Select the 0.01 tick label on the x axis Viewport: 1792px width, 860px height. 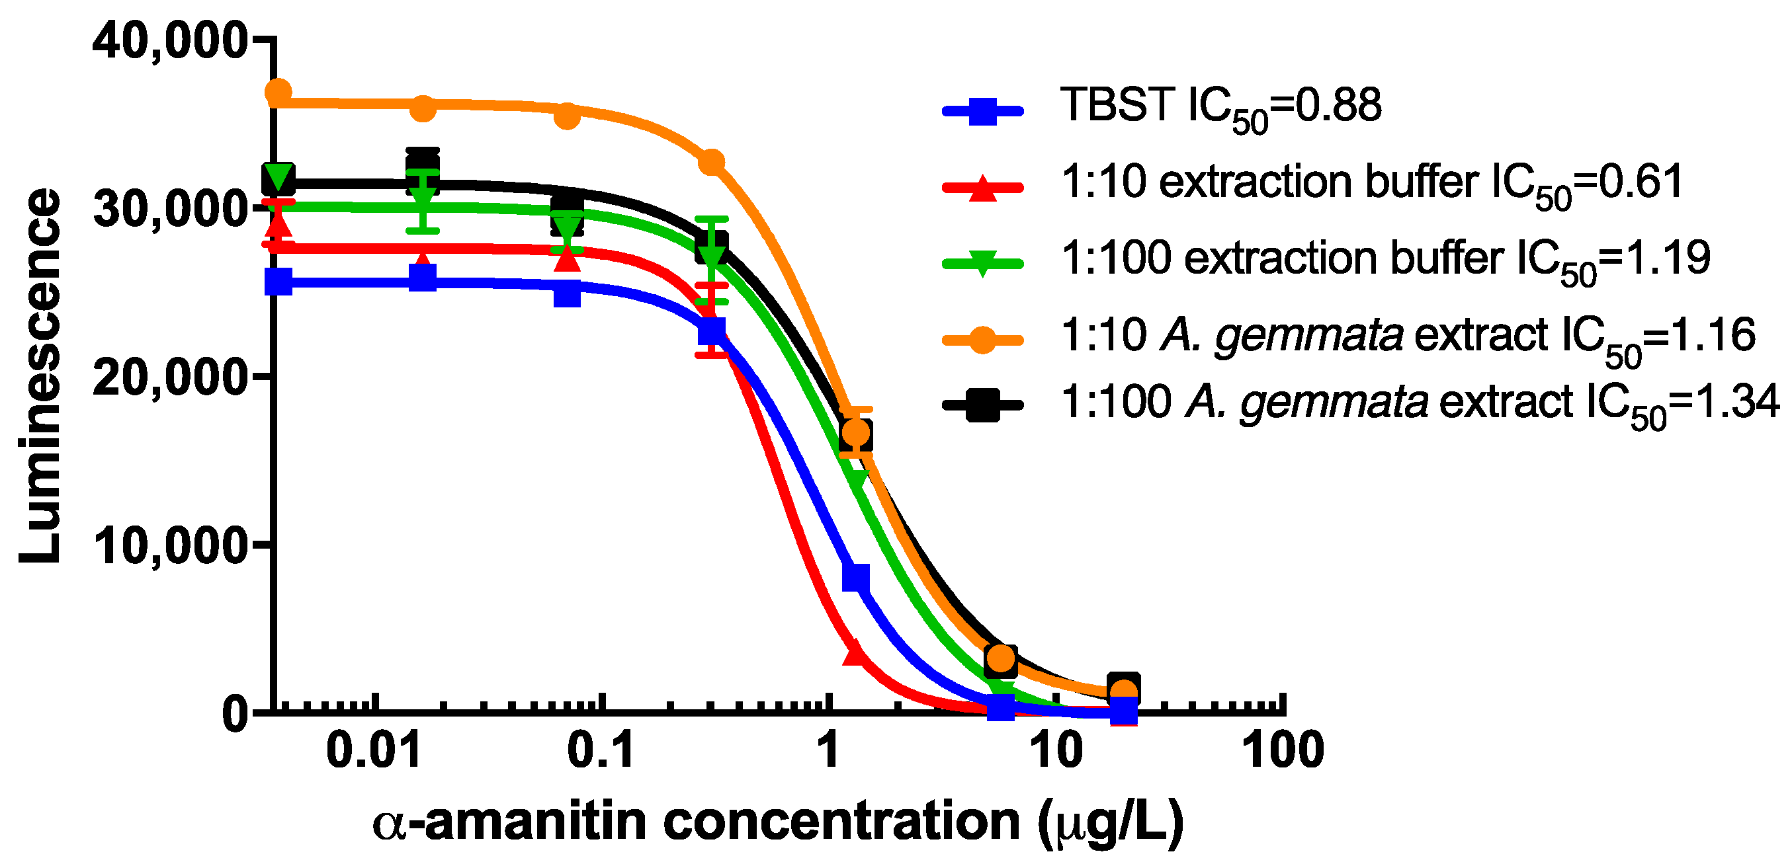374,751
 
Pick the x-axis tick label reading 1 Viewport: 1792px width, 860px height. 828,751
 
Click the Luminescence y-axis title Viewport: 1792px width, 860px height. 40,375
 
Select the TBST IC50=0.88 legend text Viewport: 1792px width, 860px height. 1221,108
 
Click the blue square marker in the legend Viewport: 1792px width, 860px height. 982,110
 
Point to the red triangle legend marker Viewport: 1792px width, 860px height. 982,187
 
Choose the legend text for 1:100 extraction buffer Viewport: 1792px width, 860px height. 1385,260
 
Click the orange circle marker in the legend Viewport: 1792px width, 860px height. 982,339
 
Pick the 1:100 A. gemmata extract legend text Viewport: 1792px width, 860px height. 1419,405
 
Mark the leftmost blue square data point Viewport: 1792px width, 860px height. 278,282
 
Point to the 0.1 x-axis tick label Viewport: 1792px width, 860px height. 601,751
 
